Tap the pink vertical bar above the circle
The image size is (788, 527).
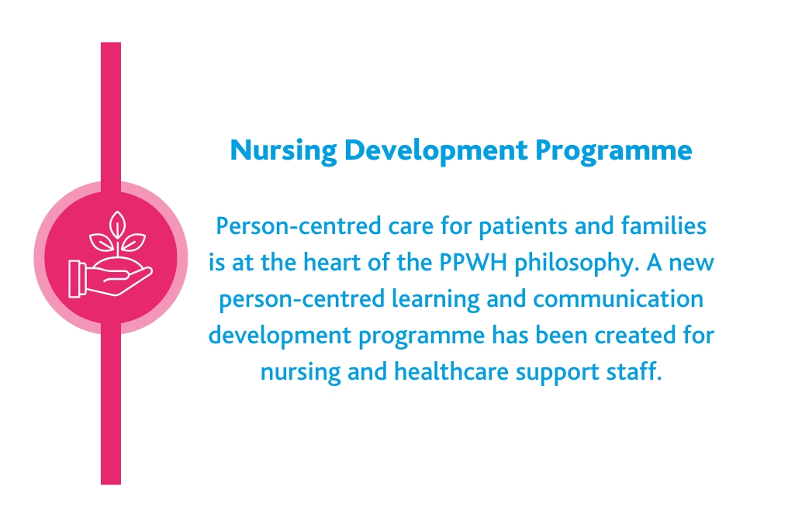(111, 108)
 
